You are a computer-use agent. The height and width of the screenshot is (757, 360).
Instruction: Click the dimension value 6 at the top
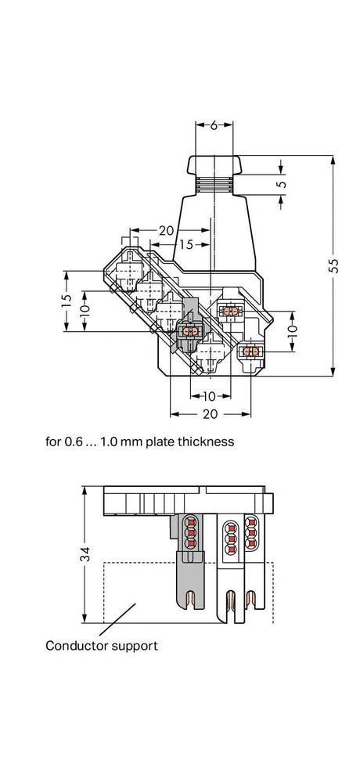[214, 125]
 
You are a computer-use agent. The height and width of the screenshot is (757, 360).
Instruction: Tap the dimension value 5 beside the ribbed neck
[283, 184]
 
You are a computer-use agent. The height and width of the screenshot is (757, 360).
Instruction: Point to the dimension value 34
[85, 554]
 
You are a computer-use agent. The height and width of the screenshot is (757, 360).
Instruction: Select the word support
[135, 647]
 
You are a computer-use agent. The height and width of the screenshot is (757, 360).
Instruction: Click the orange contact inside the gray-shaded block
[188, 331]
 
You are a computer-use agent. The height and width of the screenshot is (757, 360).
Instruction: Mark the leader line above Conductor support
[117, 619]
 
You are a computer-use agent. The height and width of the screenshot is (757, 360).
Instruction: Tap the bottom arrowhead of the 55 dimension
[333, 371]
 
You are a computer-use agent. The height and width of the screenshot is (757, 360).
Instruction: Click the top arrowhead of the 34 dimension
[85, 491]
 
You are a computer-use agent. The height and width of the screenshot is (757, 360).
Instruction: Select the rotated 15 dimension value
[67, 301]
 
